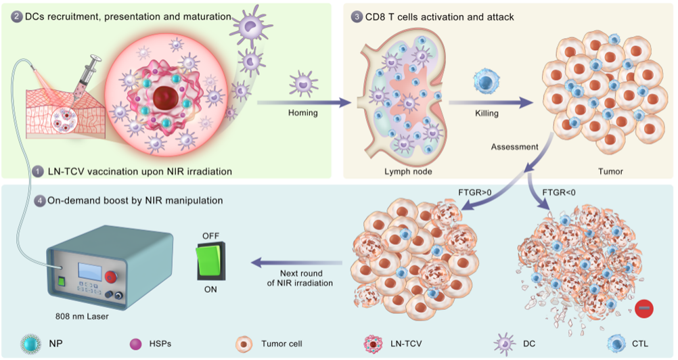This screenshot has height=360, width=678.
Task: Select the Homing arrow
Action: pos(304,104)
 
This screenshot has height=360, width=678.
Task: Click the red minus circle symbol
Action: pos(643,309)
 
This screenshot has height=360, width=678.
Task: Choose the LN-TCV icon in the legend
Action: pos(373,344)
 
